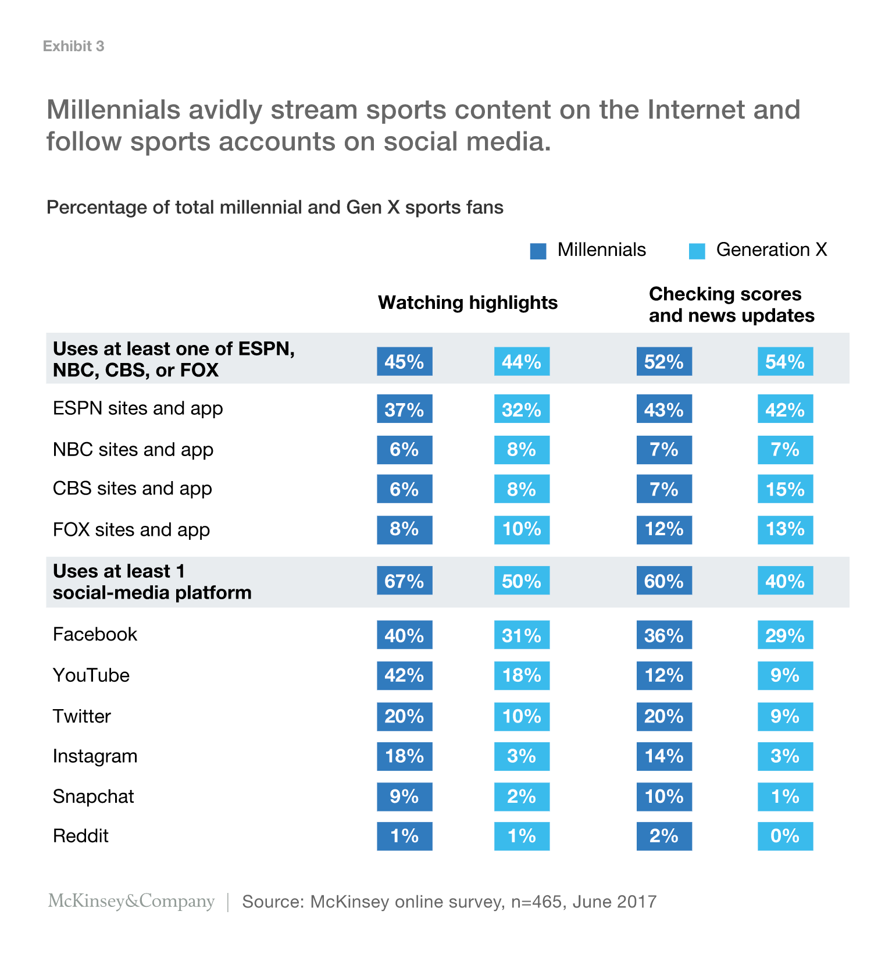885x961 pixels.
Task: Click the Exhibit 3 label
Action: pyautogui.click(x=73, y=47)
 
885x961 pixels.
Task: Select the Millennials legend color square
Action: pyautogui.click(x=538, y=251)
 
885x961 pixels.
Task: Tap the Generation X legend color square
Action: pyautogui.click(x=697, y=251)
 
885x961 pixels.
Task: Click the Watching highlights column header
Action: pyautogui.click(x=468, y=302)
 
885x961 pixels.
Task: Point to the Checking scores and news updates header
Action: pyautogui.click(x=731, y=305)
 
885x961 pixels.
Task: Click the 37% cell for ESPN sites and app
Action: pyautogui.click(x=404, y=410)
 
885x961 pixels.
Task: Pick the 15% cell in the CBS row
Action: pyautogui.click(x=784, y=489)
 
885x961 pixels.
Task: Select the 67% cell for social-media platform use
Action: pyautogui.click(x=404, y=581)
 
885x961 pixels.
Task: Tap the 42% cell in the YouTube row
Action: pyautogui.click(x=404, y=675)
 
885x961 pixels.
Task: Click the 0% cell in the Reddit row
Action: pyautogui.click(x=784, y=836)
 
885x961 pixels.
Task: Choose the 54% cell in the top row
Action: pyautogui.click(x=784, y=362)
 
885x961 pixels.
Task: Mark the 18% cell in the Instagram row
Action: pyautogui.click(x=404, y=756)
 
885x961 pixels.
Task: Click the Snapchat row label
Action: pyautogui.click(x=93, y=796)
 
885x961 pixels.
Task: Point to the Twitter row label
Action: pyautogui.click(x=81, y=716)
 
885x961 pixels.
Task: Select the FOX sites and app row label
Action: pyautogui.click(x=131, y=530)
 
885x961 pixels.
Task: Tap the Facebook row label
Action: pyautogui.click(x=95, y=634)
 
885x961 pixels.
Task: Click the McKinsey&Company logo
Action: pyautogui.click(x=131, y=901)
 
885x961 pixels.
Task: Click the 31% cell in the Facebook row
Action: pyautogui.click(x=522, y=635)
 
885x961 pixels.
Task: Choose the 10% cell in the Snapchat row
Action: pyautogui.click(x=663, y=796)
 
